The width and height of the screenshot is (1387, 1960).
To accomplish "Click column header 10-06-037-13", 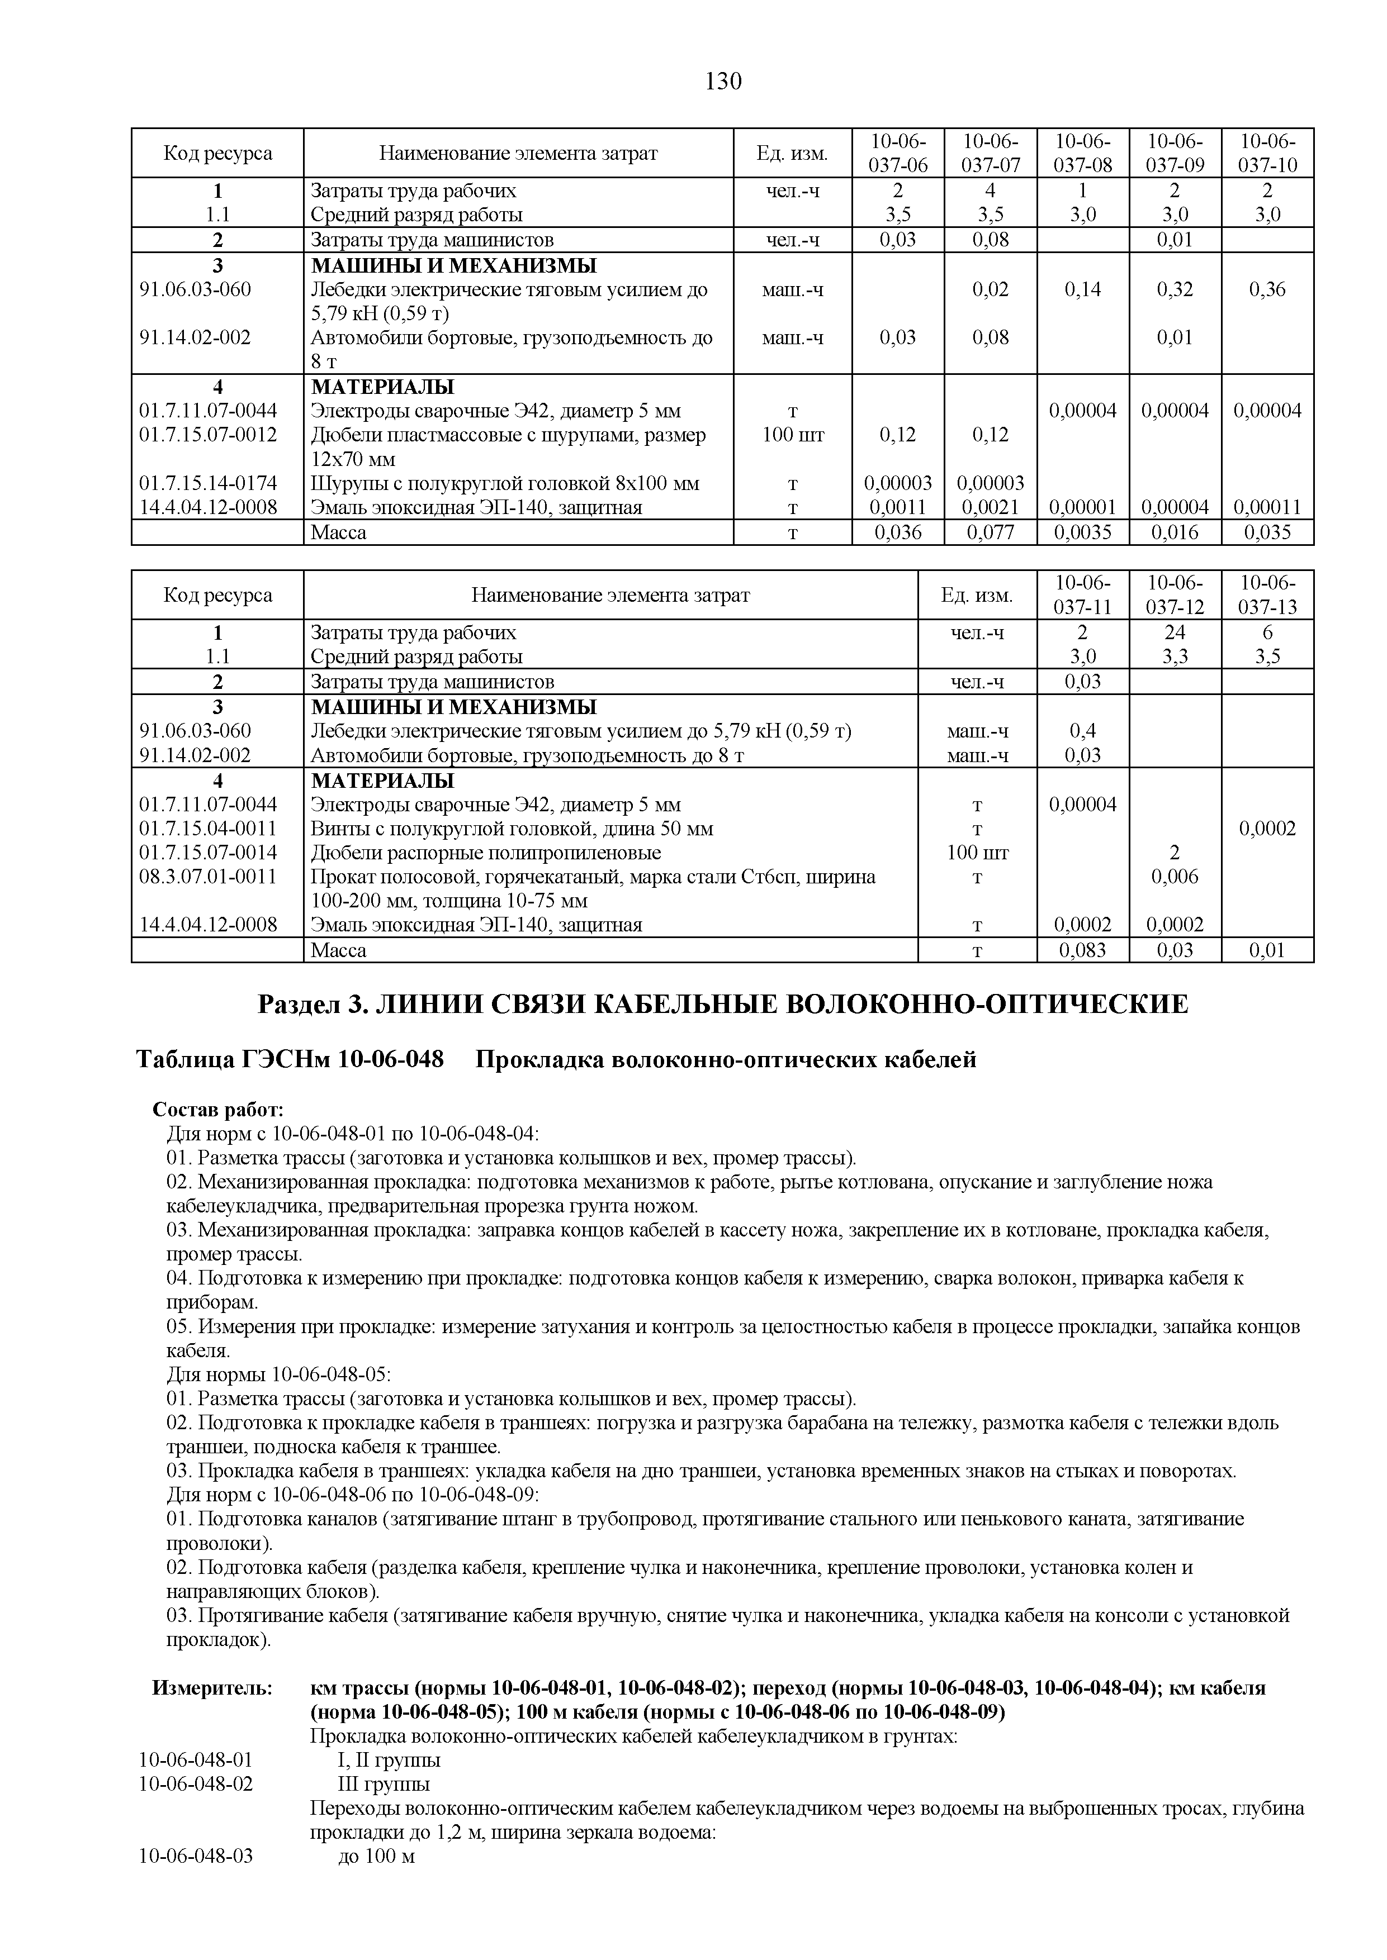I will [x=1267, y=595].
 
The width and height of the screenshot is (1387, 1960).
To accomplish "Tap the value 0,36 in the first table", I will [x=1267, y=289].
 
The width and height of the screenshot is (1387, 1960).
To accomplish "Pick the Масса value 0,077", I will [x=990, y=532].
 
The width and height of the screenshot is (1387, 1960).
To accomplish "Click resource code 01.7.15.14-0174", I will [x=209, y=484].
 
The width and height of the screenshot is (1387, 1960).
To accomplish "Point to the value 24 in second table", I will [x=1175, y=632].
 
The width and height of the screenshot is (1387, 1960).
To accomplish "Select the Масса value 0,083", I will [x=1082, y=950].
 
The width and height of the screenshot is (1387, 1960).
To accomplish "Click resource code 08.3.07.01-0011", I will [x=209, y=877].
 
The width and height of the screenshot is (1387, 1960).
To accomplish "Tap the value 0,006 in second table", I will [x=1175, y=877].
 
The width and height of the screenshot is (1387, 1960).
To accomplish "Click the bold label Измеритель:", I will [x=212, y=1688].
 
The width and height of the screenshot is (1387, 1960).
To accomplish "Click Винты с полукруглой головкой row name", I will [x=512, y=829].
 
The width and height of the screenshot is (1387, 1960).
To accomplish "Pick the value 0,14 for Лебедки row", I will [x=1082, y=289].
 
